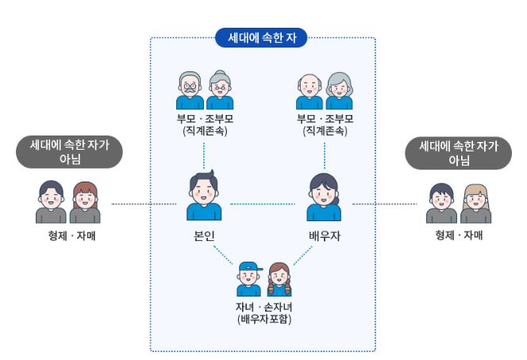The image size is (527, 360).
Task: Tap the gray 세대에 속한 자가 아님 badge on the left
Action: pos(69,151)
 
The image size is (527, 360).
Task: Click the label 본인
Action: pos(204,236)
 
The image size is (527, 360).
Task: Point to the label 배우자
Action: pos(324,236)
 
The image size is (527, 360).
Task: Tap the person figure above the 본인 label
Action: pos(204,197)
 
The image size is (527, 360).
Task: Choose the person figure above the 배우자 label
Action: pos(324,197)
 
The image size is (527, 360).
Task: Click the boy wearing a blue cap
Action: pos(249,279)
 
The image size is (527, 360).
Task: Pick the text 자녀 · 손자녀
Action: pos(263,307)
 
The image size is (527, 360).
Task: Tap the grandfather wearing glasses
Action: pos(190,91)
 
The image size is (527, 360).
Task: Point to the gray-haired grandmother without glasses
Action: pos(339,91)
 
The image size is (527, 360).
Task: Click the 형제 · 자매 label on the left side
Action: pos(69,236)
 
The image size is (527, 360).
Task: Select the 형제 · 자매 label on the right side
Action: pos(459,236)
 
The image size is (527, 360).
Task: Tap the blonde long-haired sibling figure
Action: pos(475,204)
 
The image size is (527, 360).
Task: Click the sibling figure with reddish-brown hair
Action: pos(85,204)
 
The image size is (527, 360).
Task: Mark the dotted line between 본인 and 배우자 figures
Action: pos(263,205)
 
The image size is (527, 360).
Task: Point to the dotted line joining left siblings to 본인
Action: pos(143,205)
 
